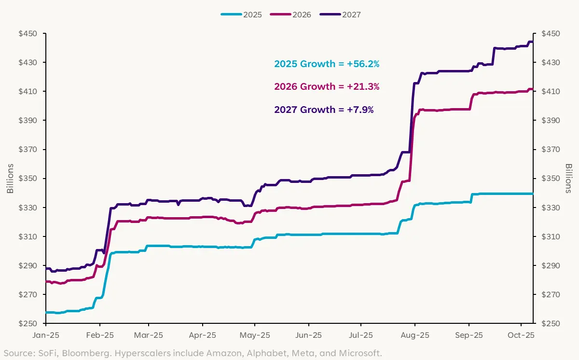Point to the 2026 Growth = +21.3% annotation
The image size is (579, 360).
click(327, 87)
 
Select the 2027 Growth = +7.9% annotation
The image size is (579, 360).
click(324, 110)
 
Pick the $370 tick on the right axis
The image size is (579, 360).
click(551, 150)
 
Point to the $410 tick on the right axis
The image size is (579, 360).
click(551, 92)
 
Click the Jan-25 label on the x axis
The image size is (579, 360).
click(46, 335)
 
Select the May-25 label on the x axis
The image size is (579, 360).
click(255, 335)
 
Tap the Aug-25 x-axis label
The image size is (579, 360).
click(415, 335)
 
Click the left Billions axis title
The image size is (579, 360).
click(10, 179)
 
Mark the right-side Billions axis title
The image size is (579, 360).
click(569, 179)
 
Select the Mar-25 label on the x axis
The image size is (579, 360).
click(149, 335)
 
